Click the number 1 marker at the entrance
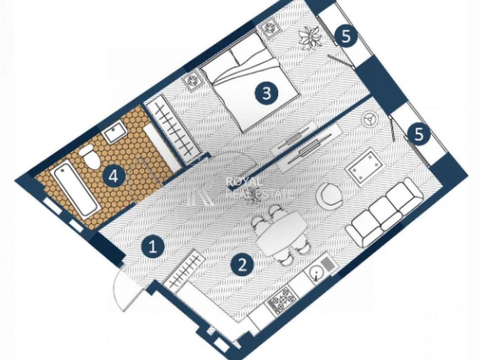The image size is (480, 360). click(153, 247)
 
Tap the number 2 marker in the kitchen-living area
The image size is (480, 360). click(242, 266)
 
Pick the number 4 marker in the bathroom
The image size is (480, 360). click(114, 175)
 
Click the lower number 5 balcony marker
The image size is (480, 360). click(419, 134)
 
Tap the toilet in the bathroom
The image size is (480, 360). click(90, 157)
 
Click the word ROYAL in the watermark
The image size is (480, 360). click(243, 182)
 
